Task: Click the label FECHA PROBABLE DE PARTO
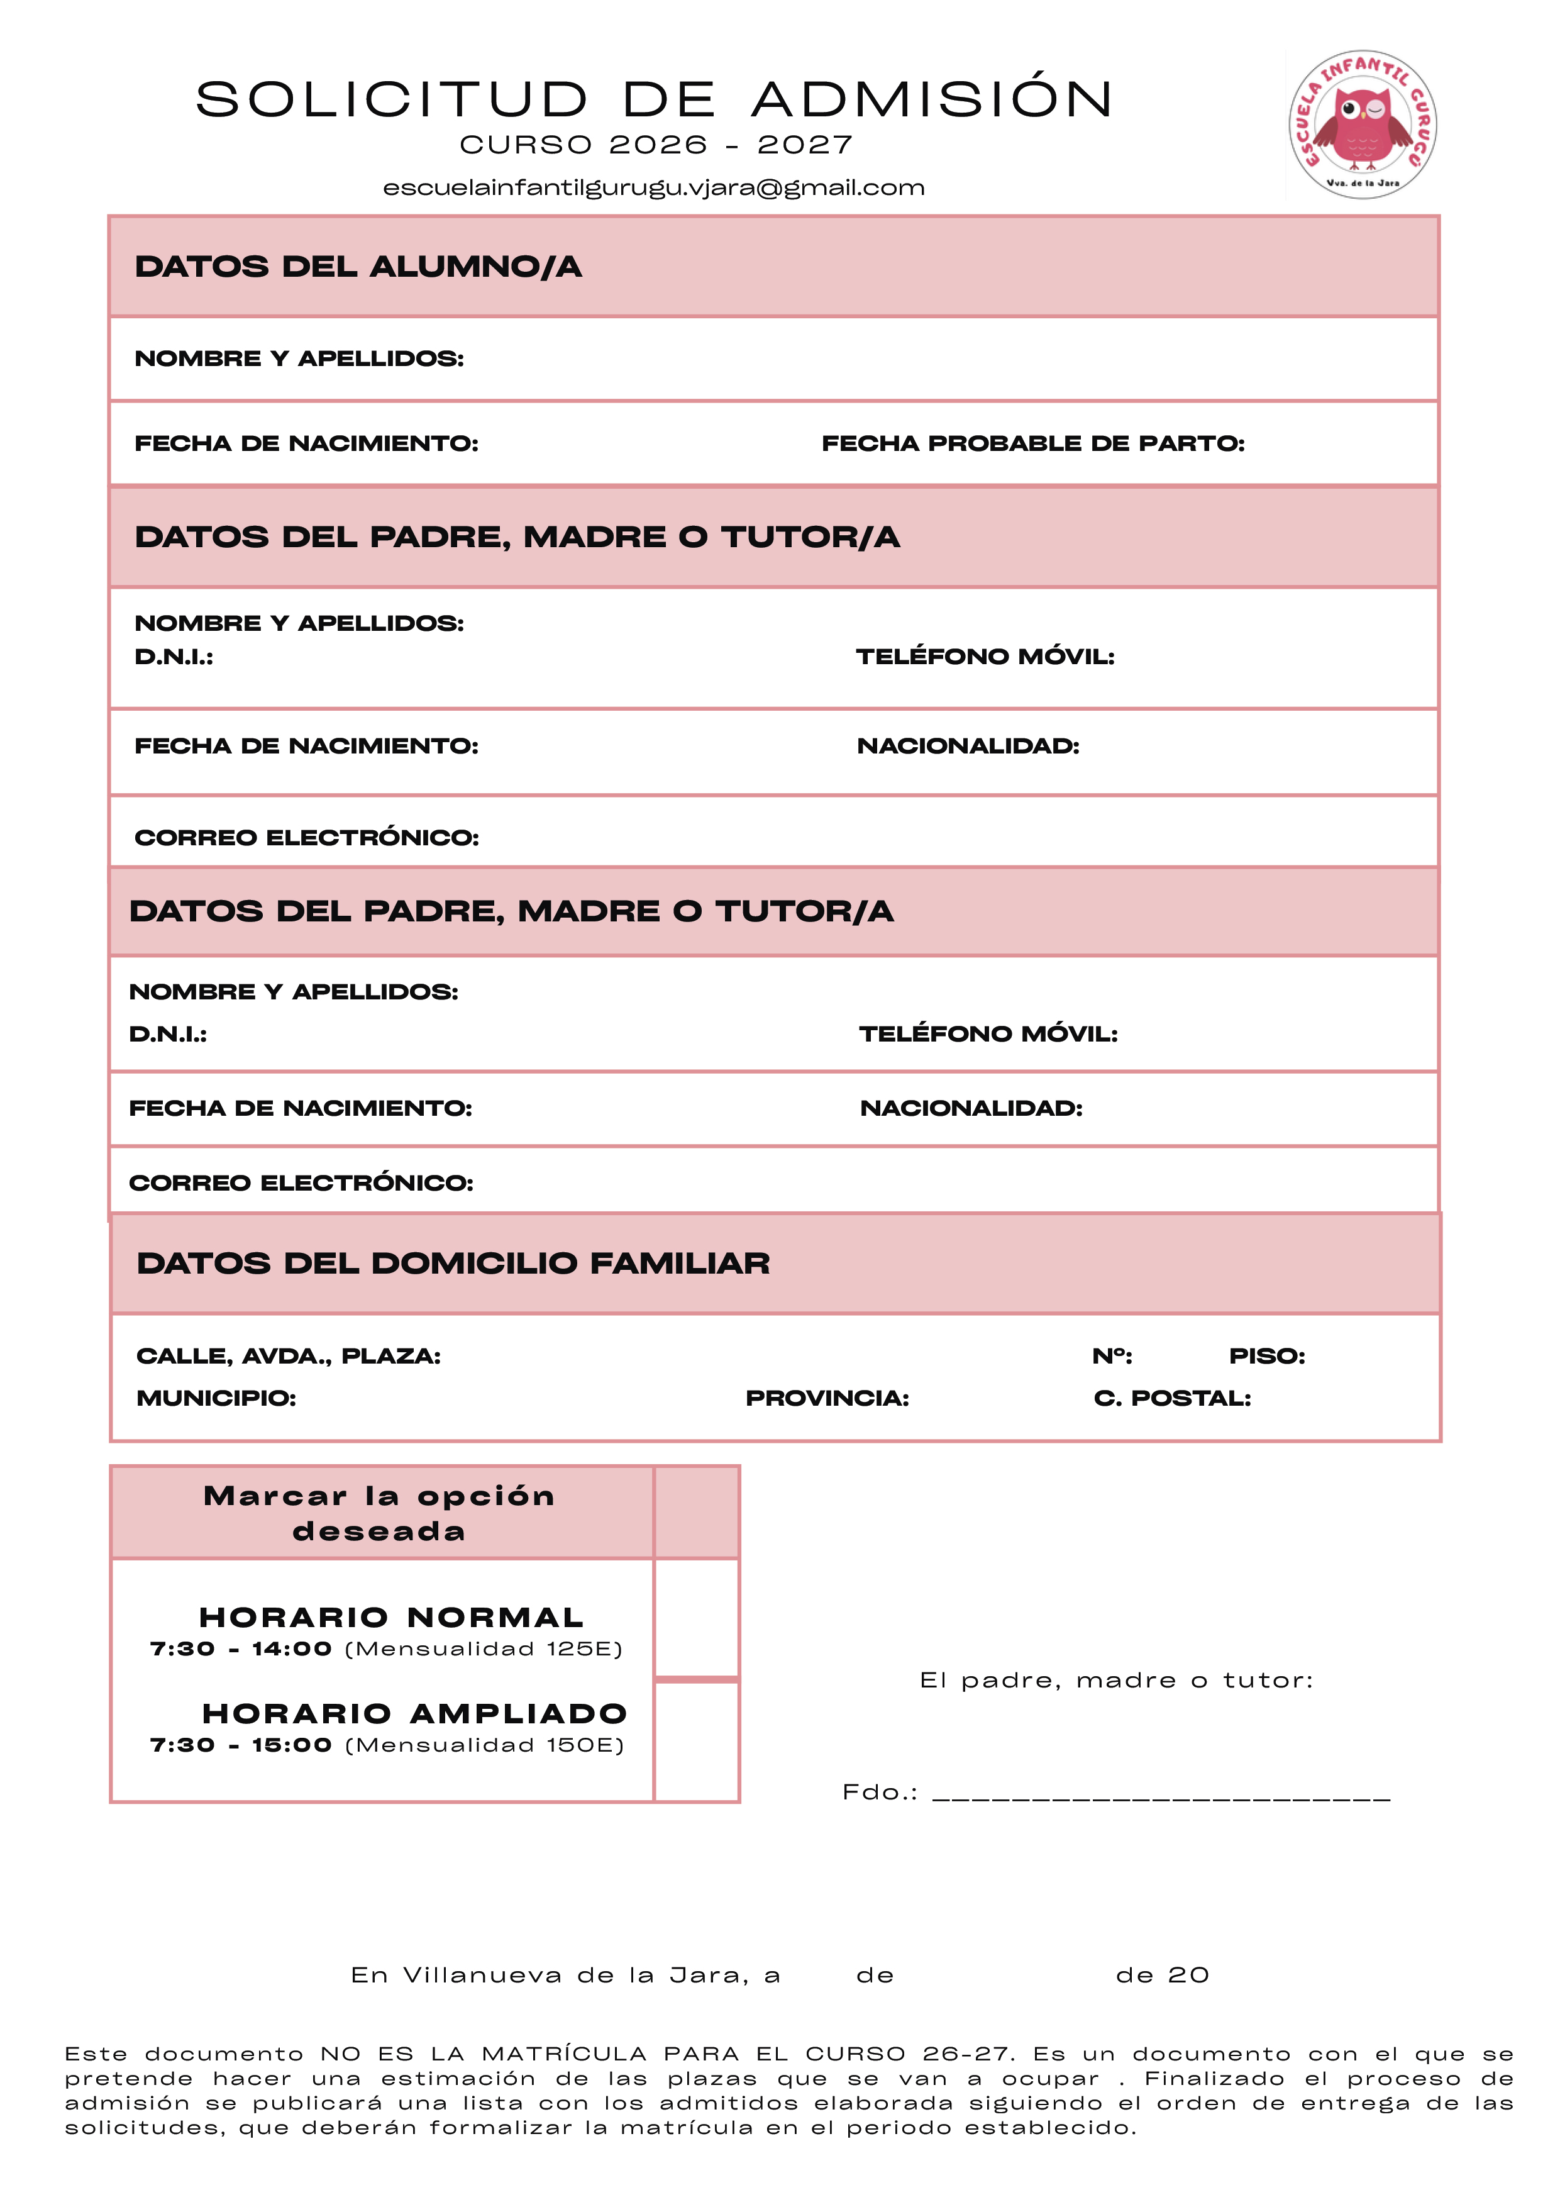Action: point(1032,443)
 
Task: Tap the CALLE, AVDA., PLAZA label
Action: point(289,1356)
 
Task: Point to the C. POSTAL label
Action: point(1171,1399)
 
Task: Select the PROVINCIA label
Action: point(827,1399)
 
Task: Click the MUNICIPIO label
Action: point(216,1399)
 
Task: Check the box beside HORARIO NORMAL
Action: point(696,1618)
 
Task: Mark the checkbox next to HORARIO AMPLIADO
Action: point(696,1741)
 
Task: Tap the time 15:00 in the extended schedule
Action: point(291,1745)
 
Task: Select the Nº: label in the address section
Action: point(1112,1356)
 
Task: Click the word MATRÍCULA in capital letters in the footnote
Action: point(564,2054)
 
